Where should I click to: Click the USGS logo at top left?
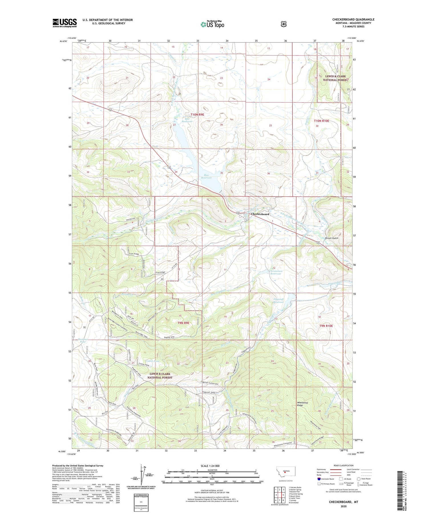(64, 23)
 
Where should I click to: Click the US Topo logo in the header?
(212, 24)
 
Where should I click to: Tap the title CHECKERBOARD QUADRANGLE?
(353, 19)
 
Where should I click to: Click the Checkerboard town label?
(260, 214)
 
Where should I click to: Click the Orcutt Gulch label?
(331, 238)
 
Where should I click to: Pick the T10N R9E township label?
(197, 114)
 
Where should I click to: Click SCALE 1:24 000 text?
(210, 466)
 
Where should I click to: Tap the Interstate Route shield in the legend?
(319, 479)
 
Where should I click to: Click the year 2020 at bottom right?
(343, 506)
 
